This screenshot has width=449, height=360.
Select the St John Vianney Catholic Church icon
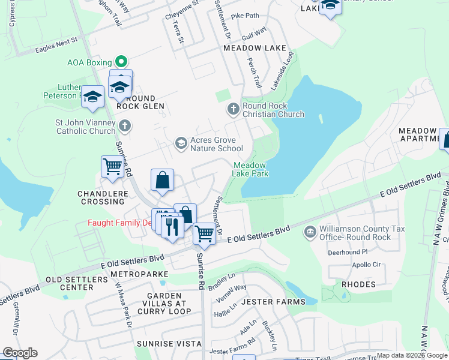coord(124,126)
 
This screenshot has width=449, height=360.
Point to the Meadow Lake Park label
coord(250,169)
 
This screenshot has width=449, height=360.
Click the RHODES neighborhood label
coord(358,284)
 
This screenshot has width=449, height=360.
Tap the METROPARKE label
coord(139,274)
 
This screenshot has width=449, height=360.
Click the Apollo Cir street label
coord(368,265)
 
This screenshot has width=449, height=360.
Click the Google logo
coord(20,353)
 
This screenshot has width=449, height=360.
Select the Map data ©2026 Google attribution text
coord(412,355)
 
